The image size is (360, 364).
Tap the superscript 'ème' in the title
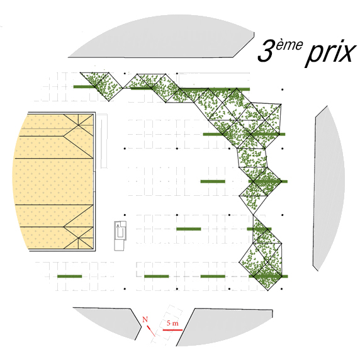[x=290, y=45]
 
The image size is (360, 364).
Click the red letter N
[x=145, y=320]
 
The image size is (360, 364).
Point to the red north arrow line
[x=151, y=331]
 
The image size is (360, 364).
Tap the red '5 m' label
[x=172, y=323]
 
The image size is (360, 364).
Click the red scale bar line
[x=172, y=330]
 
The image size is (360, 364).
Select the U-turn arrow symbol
[x=120, y=230]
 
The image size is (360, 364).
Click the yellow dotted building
[x=54, y=181]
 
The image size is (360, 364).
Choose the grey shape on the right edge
[x=329, y=188]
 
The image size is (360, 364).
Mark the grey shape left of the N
[x=109, y=322]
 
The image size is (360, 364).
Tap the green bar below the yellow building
[x=70, y=276]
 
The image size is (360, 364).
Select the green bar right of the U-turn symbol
[x=189, y=229]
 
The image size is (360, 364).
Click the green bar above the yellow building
[x=85, y=87]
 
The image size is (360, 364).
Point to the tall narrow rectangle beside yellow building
[x=104, y=141]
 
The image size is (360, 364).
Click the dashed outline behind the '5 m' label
[x=167, y=325]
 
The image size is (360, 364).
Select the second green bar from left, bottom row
[x=157, y=276]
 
